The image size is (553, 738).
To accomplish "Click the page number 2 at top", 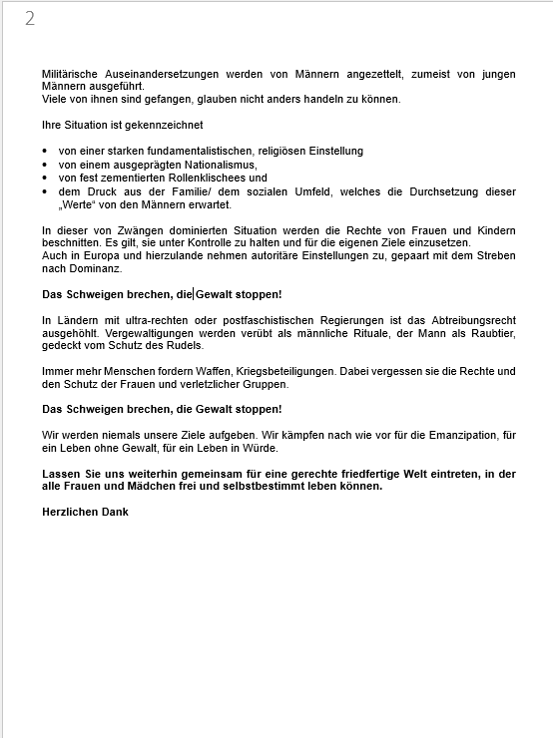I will (30, 19).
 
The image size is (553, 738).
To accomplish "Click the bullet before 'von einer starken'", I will (46, 152).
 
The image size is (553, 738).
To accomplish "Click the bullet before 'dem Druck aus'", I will (46, 190).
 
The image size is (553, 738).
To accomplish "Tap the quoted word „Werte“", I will (80, 204).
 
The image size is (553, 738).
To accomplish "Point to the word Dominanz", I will (102, 269).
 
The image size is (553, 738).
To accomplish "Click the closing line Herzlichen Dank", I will (85, 513).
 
